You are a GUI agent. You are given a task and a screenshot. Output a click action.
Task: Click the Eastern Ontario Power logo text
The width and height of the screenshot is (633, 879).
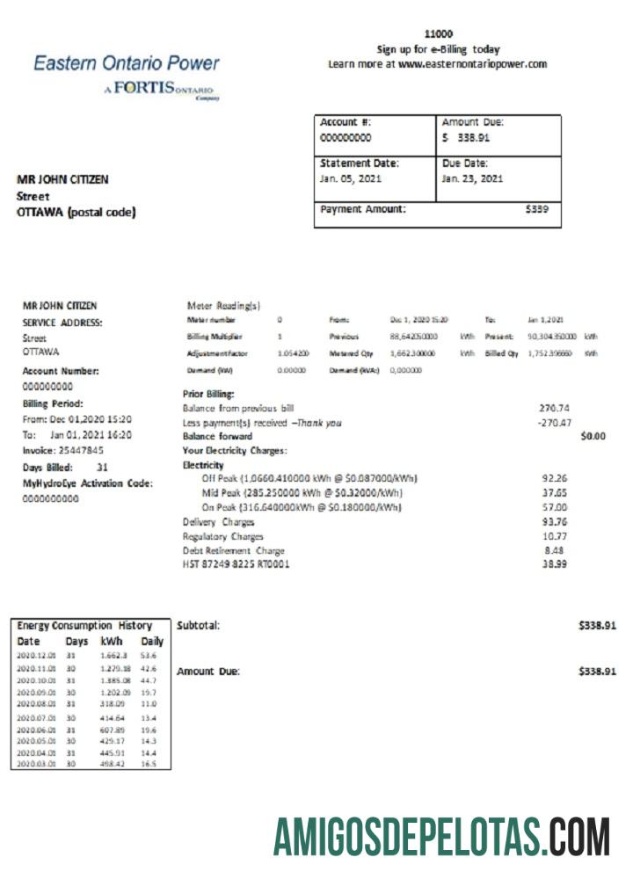click(x=127, y=62)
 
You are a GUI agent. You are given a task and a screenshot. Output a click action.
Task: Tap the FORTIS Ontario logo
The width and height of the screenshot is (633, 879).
click(x=163, y=90)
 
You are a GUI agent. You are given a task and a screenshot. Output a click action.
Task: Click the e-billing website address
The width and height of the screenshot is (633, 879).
click(x=472, y=64)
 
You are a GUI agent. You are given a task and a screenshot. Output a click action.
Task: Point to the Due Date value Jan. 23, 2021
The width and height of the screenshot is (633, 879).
click(x=472, y=178)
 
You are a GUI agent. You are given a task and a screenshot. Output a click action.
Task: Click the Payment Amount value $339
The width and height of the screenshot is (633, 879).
click(x=536, y=209)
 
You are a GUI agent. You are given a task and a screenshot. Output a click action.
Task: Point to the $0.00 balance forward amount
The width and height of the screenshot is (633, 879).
click(x=593, y=436)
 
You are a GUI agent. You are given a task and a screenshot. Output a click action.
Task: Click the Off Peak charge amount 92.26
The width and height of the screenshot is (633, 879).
click(x=555, y=478)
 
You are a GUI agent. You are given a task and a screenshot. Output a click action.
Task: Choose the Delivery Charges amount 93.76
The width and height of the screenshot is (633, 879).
click(x=555, y=521)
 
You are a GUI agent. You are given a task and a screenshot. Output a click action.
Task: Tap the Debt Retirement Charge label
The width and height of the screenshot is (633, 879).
click(x=233, y=550)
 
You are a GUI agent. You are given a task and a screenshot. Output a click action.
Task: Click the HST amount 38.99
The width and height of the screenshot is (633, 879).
click(x=555, y=563)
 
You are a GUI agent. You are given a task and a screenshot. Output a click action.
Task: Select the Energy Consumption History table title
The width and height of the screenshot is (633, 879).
click(x=84, y=626)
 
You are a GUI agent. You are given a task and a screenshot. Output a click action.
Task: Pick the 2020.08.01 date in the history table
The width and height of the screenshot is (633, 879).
click(x=35, y=704)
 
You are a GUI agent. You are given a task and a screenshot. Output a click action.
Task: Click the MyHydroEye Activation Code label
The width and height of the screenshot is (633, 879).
click(x=87, y=483)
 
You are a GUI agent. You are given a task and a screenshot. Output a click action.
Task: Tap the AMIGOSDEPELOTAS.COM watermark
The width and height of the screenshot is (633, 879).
click(x=440, y=837)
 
